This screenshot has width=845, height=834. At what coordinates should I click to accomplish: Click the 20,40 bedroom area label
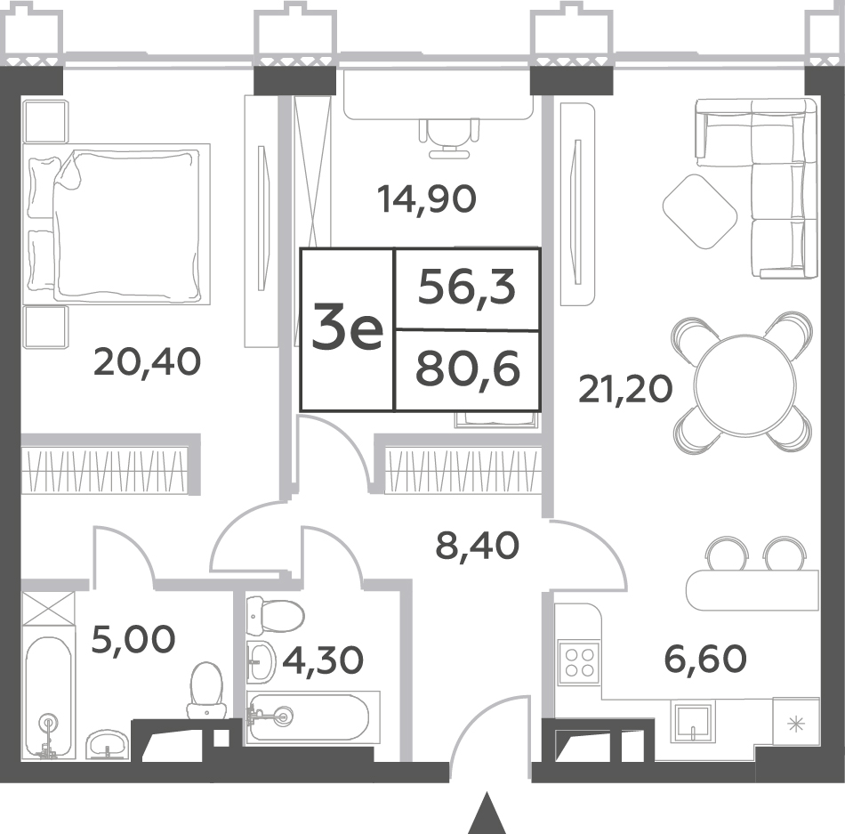(147, 361)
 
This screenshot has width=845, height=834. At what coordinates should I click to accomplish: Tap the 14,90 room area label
(427, 198)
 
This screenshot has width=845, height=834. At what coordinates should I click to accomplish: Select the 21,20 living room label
(625, 389)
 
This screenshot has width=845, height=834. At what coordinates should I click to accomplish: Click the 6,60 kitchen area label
(706, 659)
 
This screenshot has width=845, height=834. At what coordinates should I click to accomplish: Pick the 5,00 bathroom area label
(133, 639)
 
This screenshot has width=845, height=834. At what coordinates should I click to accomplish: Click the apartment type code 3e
(348, 330)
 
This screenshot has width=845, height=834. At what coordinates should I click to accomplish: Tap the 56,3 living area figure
(467, 288)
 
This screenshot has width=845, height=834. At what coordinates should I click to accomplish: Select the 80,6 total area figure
(468, 370)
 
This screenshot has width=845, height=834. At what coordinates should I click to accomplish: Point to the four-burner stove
(578, 662)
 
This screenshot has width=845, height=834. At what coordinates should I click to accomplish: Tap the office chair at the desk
(449, 138)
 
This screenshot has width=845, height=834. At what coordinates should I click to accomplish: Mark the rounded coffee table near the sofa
(699, 212)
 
